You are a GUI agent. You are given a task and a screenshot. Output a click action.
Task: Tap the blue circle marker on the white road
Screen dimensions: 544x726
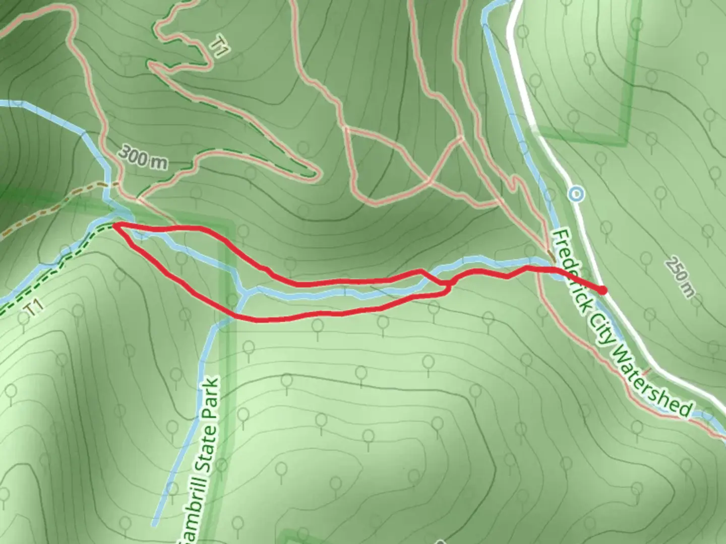[576, 193]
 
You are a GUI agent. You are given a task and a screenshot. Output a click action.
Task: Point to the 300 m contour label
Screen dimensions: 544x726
[144, 158]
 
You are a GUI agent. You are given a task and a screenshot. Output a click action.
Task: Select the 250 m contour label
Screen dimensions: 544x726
[679, 277]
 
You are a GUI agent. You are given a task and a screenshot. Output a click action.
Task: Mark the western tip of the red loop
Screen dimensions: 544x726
[114, 226]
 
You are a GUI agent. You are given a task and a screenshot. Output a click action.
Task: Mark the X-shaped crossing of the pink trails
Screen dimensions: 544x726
[430, 180]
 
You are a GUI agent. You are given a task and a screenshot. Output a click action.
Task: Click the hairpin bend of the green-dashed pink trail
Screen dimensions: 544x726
[315, 174]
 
